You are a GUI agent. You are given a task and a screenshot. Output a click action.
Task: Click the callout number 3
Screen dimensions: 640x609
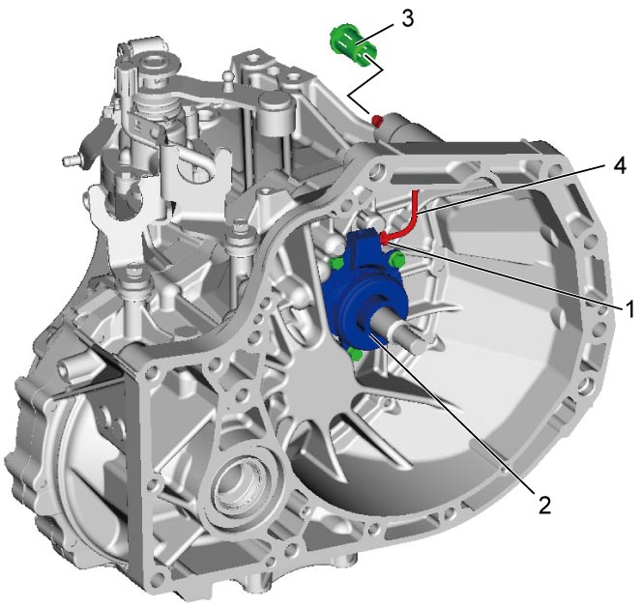click(x=407, y=19)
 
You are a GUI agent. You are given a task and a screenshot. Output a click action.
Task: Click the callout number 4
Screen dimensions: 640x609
click(x=619, y=166)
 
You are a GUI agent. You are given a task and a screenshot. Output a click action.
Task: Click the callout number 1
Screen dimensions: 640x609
click(x=630, y=308)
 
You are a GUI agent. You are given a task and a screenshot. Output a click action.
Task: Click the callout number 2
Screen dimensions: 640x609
click(x=544, y=505)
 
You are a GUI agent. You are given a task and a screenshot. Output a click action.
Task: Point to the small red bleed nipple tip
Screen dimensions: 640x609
click(x=377, y=120)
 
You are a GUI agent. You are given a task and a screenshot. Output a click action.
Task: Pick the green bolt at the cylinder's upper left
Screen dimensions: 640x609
click(x=335, y=263)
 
